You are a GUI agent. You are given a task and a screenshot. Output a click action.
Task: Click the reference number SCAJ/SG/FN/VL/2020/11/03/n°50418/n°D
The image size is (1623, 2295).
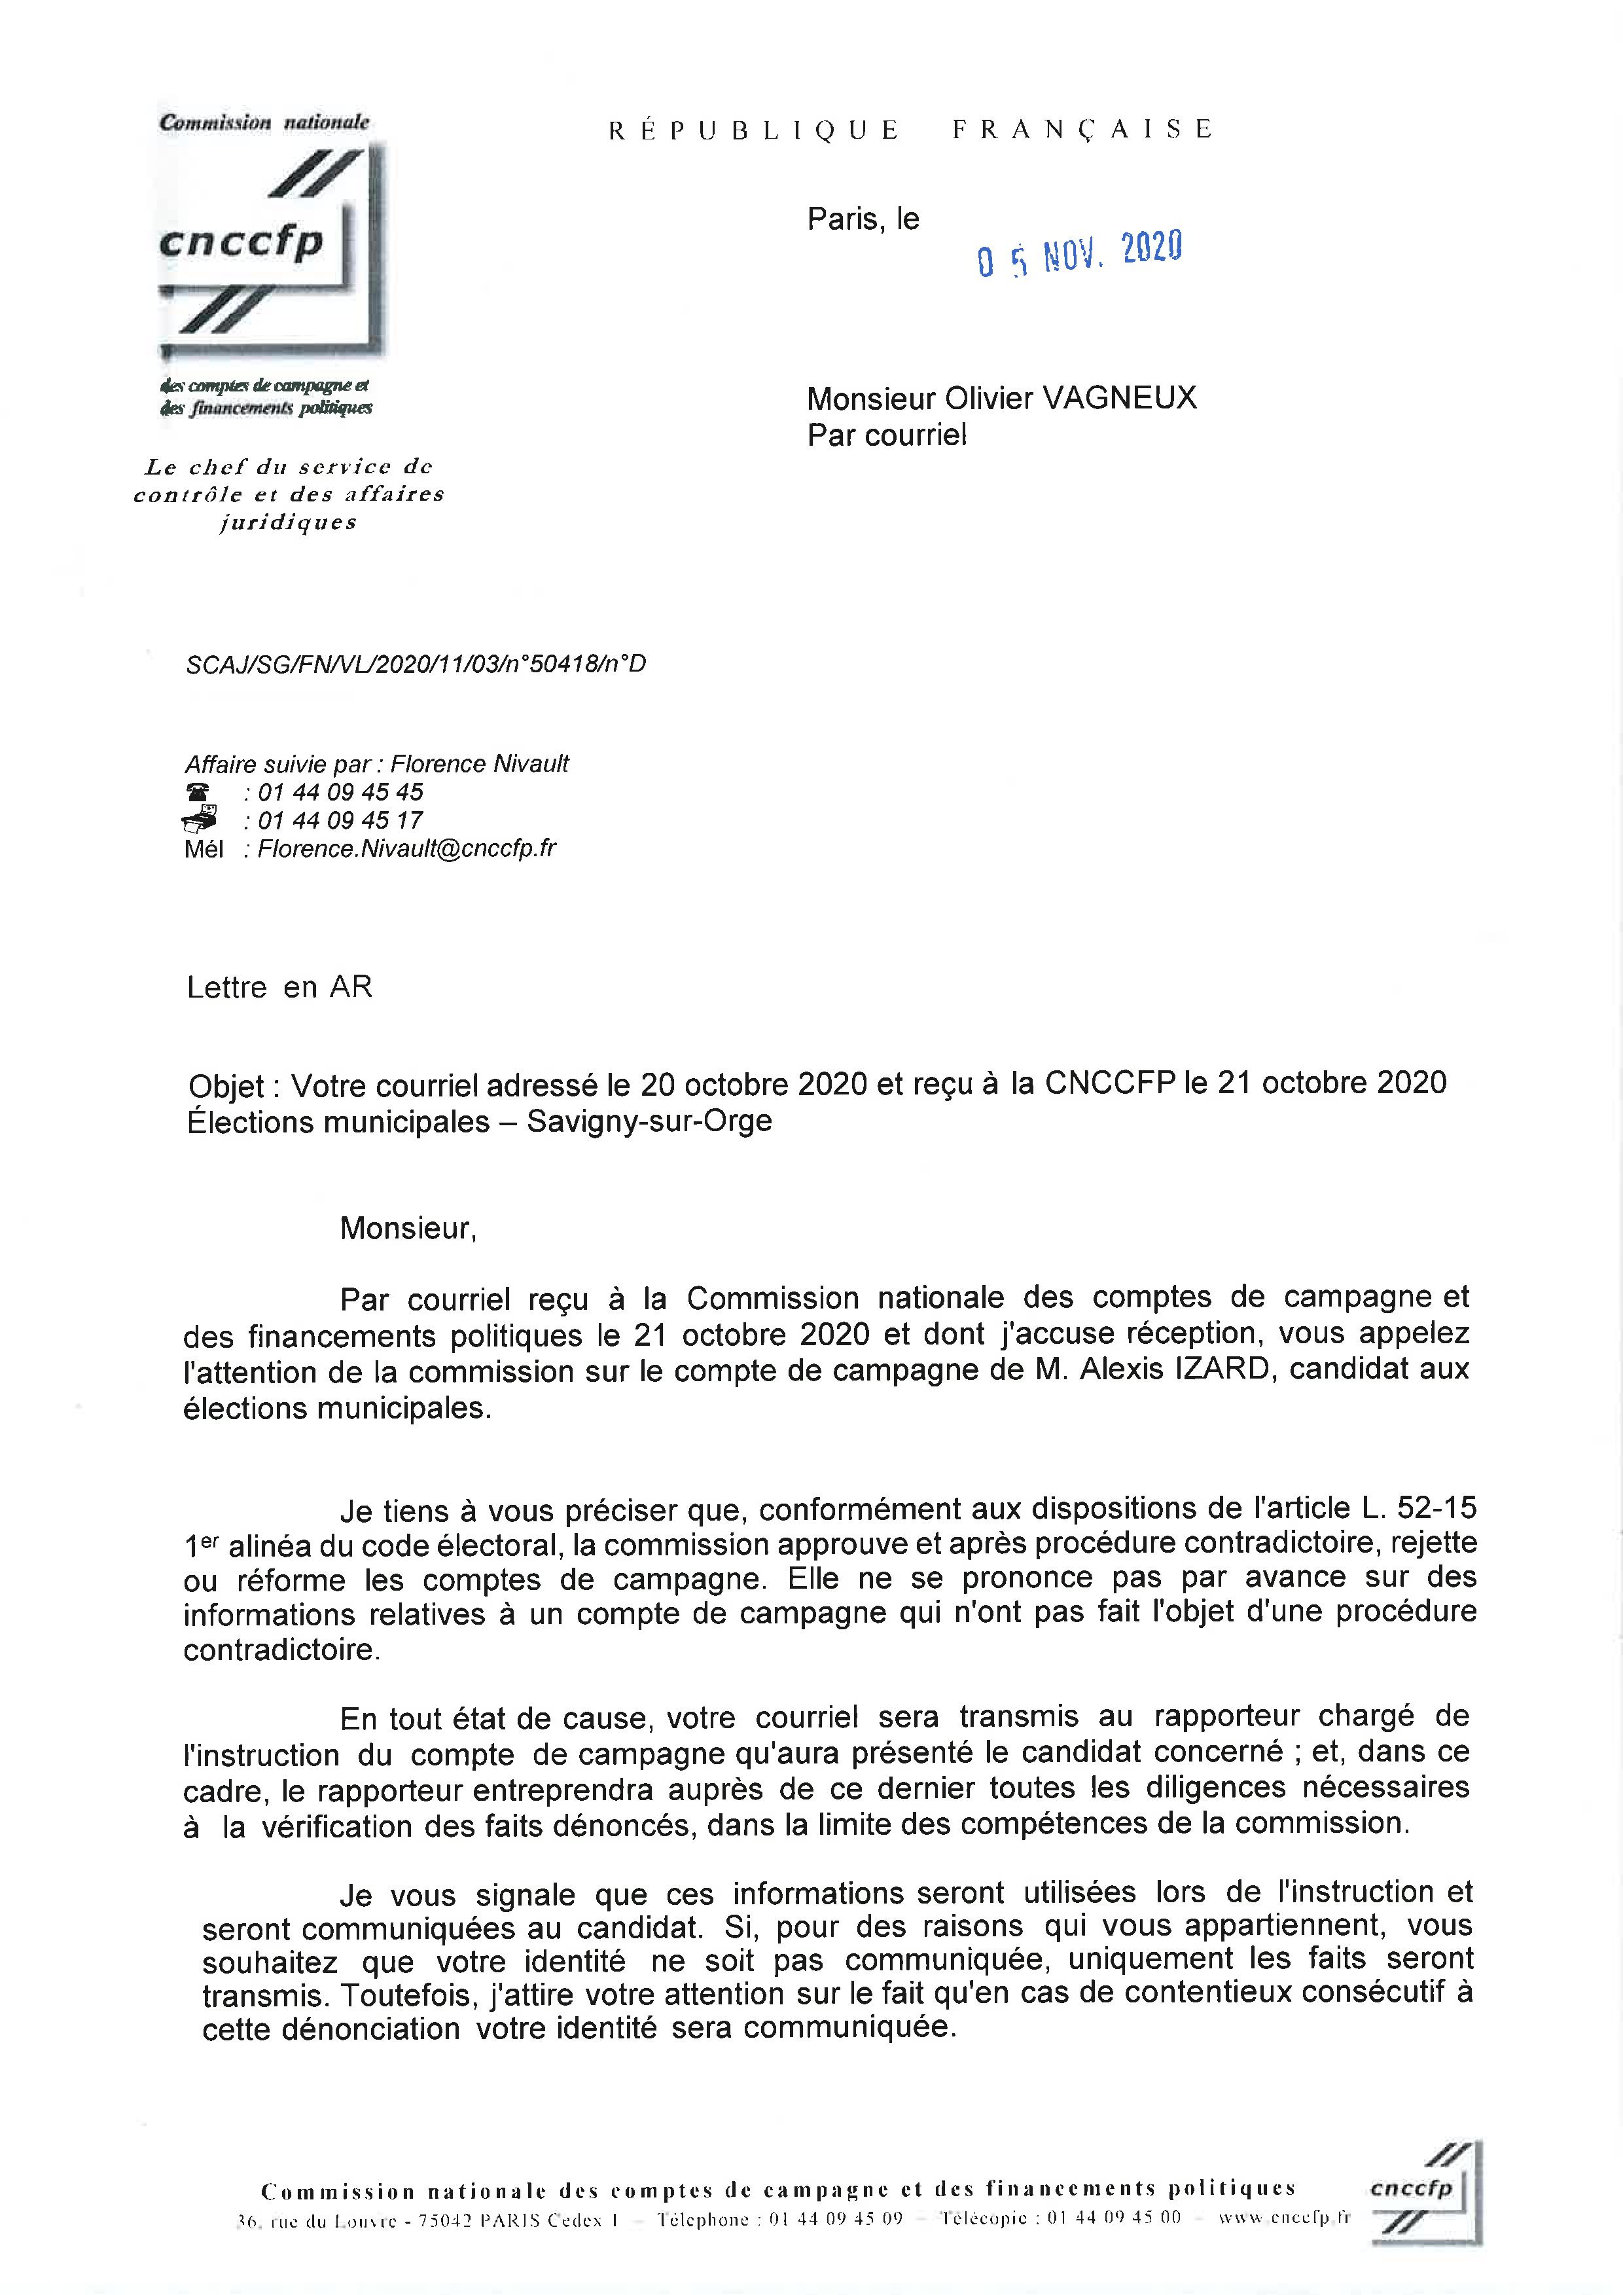(416, 664)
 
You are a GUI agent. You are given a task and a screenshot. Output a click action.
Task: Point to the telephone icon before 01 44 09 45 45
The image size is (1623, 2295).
(198, 793)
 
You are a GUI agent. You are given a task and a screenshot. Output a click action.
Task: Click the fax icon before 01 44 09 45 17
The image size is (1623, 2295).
(199, 820)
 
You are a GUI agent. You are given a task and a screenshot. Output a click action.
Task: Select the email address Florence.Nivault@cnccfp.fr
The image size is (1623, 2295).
(407, 848)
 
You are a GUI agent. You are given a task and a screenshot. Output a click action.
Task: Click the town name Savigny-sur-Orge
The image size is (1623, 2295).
(650, 1121)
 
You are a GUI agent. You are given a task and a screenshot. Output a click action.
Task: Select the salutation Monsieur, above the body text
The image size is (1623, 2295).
(408, 1229)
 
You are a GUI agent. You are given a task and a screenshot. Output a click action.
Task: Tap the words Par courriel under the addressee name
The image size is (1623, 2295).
(887, 435)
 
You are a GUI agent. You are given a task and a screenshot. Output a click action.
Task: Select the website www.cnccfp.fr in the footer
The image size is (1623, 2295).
(1283, 2217)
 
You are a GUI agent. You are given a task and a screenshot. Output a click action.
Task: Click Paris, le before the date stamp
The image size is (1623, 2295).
(863, 219)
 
